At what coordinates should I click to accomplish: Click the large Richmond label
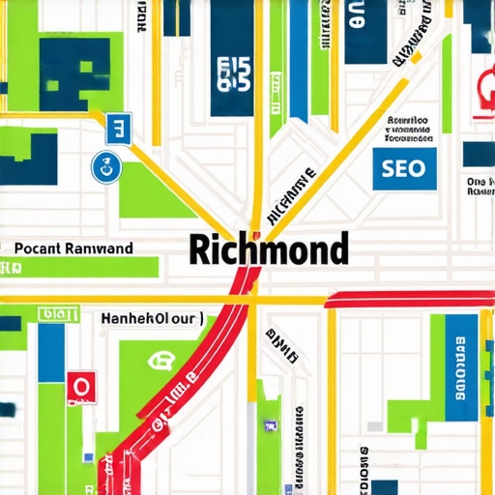click(x=268, y=249)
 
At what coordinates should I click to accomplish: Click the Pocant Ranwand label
click(x=74, y=247)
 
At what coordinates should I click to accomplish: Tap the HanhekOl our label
click(x=152, y=316)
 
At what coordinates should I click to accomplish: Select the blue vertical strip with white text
click(x=459, y=367)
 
